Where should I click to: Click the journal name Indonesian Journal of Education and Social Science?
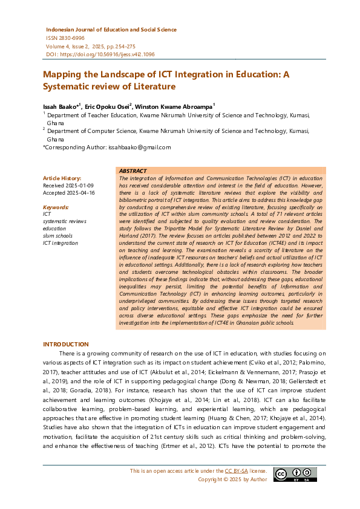(x=111, y=29)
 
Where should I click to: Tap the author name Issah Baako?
(x=60, y=106)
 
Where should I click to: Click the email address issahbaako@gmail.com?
(x=139, y=147)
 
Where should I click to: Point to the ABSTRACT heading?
(x=133, y=171)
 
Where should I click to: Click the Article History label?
(x=61, y=178)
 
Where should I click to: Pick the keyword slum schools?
(x=57, y=236)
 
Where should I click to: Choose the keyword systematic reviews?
(x=64, y=221)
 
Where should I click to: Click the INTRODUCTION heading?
(x=65, y=344)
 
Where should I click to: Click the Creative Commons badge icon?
(x=287, y=475)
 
